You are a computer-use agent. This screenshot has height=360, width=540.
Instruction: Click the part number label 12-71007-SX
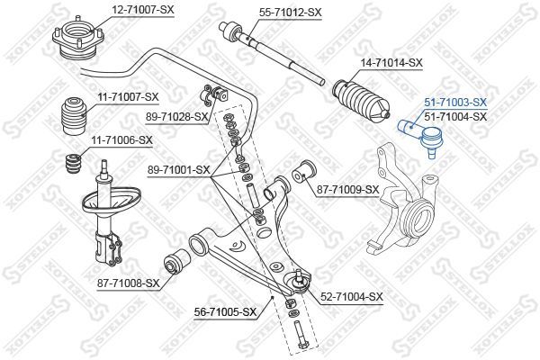click(x=142, y=10)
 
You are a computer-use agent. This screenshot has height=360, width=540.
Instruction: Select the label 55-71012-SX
click(x=291, y=13)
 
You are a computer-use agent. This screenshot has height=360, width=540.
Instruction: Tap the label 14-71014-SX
click(x=391, y=63)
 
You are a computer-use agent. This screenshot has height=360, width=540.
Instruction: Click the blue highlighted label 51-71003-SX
click(x=455, y=103)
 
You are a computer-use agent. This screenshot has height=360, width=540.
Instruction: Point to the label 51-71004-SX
click(x=455, y=117)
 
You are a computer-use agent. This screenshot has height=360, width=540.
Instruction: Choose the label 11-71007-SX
click(x=128, y=97)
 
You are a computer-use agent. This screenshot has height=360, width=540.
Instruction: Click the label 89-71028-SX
click(x=177, y=117)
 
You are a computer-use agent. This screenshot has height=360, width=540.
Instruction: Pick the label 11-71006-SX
click(x=121, y=140)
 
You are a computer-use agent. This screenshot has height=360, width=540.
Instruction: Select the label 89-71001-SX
click(x=179, y=170)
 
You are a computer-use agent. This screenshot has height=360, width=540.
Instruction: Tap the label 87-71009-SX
click(x=347, y=190)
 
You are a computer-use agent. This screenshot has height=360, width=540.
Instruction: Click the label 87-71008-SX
click(x=129, y=283)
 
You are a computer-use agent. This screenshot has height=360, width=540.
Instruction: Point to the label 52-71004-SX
click(x=352, y=297)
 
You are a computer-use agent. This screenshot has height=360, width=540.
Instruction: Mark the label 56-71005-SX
click(x=226, y=312)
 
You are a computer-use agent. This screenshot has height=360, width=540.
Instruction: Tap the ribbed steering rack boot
click(x=361, y=101)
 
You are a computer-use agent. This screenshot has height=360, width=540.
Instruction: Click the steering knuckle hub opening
click(x=419, y=218)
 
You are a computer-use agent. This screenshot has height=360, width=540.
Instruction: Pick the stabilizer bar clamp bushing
click(x=214, y=94)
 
